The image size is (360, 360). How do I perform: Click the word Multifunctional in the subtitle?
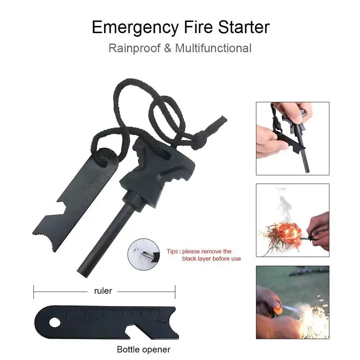tap(213, 48)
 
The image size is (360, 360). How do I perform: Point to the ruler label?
tap(103, 291)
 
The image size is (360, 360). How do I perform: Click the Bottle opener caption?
tap(144, 349)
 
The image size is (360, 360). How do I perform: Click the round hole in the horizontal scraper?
tap(55, 323)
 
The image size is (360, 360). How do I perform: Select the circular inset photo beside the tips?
tap(143, 253)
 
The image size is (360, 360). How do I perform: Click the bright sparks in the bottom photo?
tap(310, 317)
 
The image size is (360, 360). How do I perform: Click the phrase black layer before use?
tap(211, 258)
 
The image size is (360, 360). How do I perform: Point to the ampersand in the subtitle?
tap(168, 48)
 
